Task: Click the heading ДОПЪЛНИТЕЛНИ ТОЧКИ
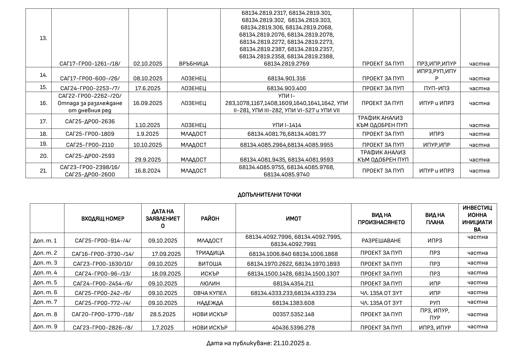(x=269, y=195)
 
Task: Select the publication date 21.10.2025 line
(x=258, y=343)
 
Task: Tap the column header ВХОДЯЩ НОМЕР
(x=103, y=218)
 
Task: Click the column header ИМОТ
(x=293, y=218)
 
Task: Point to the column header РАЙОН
(x=210, y=218)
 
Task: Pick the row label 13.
(x=44, y=38)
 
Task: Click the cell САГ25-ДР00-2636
(x=90, y=121)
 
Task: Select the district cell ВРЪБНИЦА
(x=194, y=64)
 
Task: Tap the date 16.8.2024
(x=148, y=171)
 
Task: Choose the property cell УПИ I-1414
(x=286, y=125)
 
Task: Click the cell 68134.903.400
(x=286, y=88)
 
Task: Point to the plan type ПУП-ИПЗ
(x=436, y=88)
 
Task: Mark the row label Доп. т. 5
(x=45, y=282)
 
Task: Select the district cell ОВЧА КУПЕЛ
(x=210, y=293)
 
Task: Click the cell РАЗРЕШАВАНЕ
(x=381, y=240)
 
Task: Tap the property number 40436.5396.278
(x=293, y=328)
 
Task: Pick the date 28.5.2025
(x=163, y=314)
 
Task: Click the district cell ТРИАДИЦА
(x=210, y=253)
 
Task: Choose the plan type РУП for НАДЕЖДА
(x=435, y=303)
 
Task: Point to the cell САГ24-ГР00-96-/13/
(x=103, y=274)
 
